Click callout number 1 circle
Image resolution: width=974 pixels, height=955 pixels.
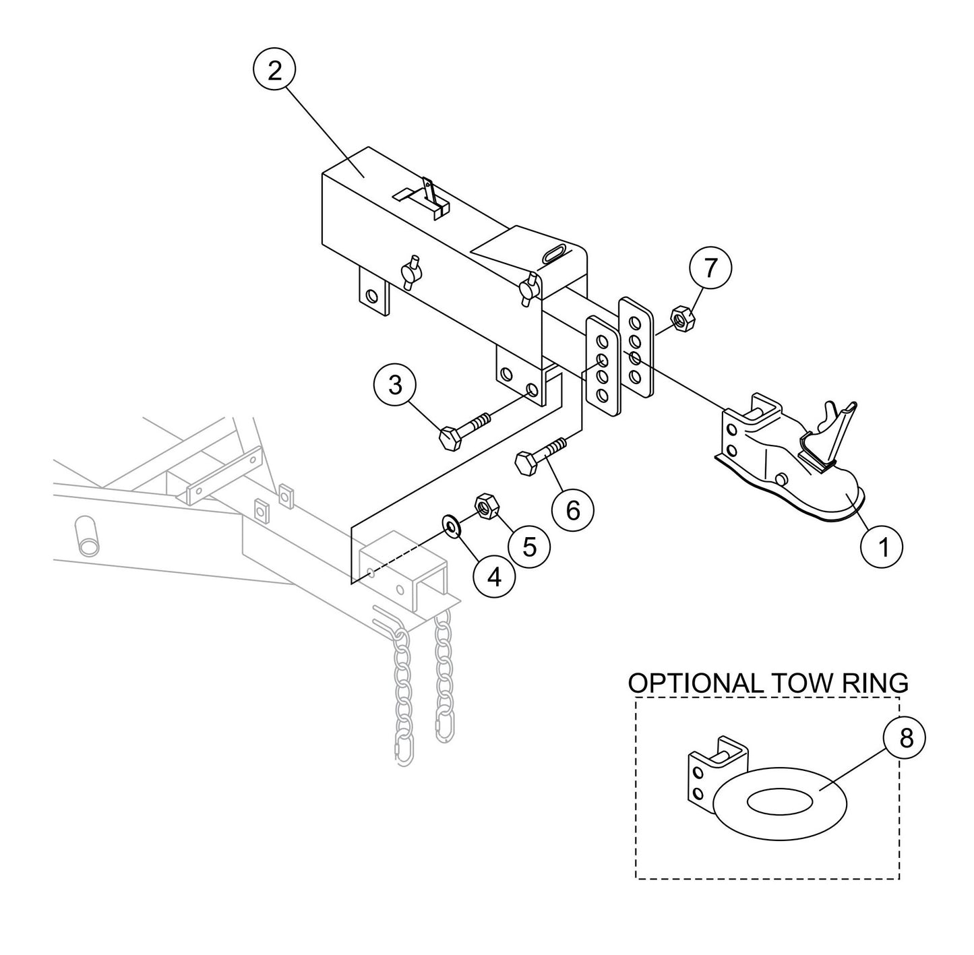click(882, 547)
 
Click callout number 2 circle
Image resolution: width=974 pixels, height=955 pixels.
click(274, 71)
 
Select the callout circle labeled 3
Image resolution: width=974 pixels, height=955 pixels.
click(395, 386)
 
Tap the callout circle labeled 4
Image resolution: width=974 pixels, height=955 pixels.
click(494, 577)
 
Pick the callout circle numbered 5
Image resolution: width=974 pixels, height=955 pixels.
click(530, 547)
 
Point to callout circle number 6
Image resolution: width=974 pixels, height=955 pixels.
click(572, 510)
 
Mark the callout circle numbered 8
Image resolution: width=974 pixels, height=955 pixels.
click(905, 738)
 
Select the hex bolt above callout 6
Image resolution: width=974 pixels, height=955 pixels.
click(539, 456)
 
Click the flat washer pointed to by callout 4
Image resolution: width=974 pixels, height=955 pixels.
click(450, 524)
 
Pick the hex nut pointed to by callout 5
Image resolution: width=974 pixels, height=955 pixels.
click(486, 505)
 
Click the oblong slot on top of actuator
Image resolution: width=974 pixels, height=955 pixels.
click(556, 253)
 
